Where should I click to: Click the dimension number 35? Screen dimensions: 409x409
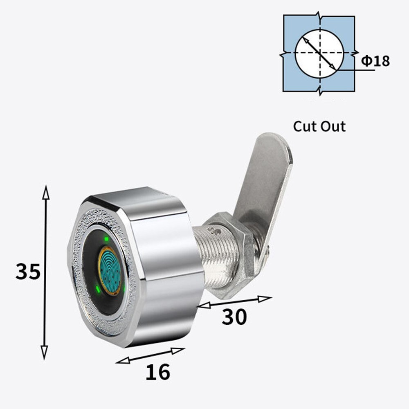click(x=28, y=271)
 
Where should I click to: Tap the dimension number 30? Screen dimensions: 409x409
click(x=234, y=317)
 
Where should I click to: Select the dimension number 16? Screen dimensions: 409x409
click(x=157, y=372)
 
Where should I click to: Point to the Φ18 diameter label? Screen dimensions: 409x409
click(x=375, y=61)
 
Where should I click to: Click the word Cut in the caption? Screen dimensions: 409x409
click(x=306, y=126)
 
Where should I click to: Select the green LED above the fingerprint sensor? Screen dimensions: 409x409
click(x=106, y=239)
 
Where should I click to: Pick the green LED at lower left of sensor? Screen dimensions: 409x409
click(x=98, y=290)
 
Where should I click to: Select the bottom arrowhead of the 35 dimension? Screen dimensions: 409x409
click(x=45, y=353)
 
